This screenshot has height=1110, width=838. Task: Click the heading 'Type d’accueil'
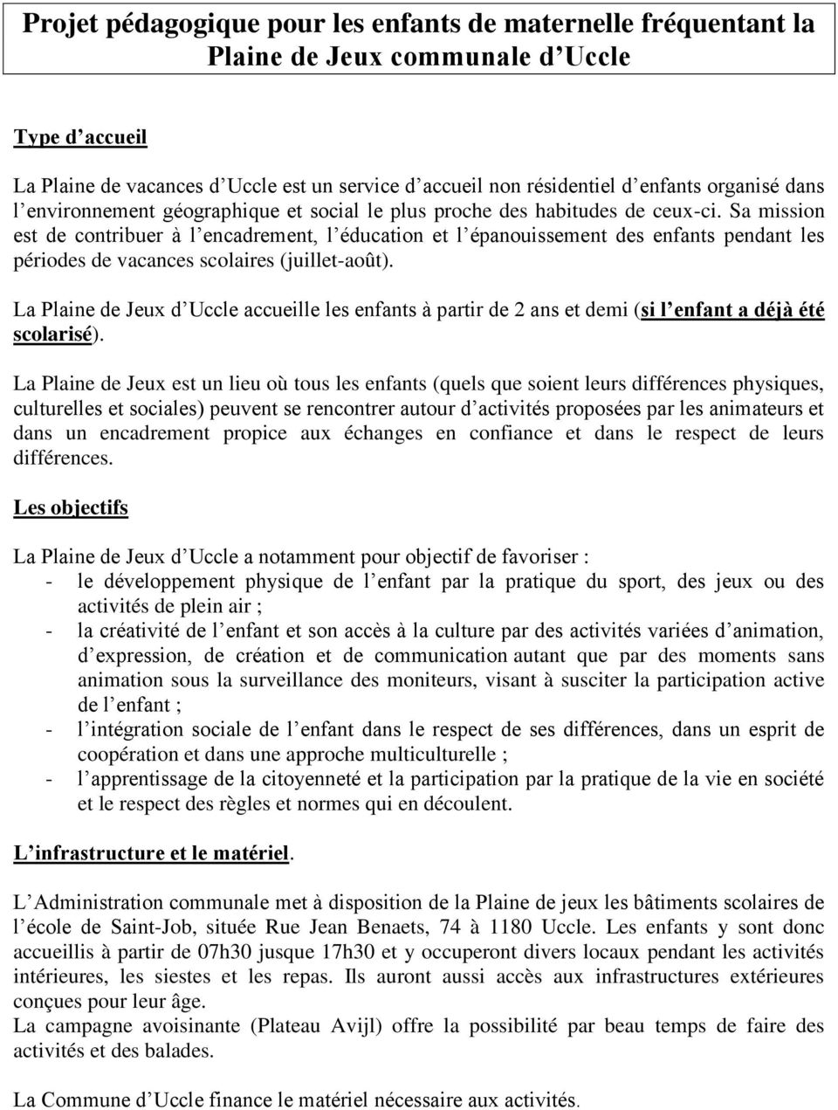tap(80, 136)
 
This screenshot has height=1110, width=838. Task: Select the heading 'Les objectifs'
tap(71, 507)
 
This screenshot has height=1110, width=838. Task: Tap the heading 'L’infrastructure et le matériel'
tap(151, 853)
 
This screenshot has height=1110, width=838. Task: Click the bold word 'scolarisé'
tap(52, 334)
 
